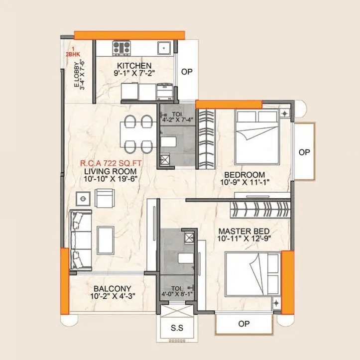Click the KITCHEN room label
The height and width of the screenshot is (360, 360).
pos(134,66)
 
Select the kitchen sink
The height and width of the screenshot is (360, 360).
pos(164,48)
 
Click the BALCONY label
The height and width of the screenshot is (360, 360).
pos(112,288)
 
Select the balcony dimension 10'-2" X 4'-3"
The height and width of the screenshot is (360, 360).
pos(112,296)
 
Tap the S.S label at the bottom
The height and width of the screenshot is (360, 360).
pos(177,329)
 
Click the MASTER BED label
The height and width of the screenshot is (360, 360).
pos(244,232)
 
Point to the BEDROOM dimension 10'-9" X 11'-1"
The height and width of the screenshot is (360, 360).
pos(244,183)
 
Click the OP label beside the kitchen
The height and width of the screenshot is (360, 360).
pos(187,72)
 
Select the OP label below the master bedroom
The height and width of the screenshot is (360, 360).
pos(243,324)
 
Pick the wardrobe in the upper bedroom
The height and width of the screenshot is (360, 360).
pos(206,139)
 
